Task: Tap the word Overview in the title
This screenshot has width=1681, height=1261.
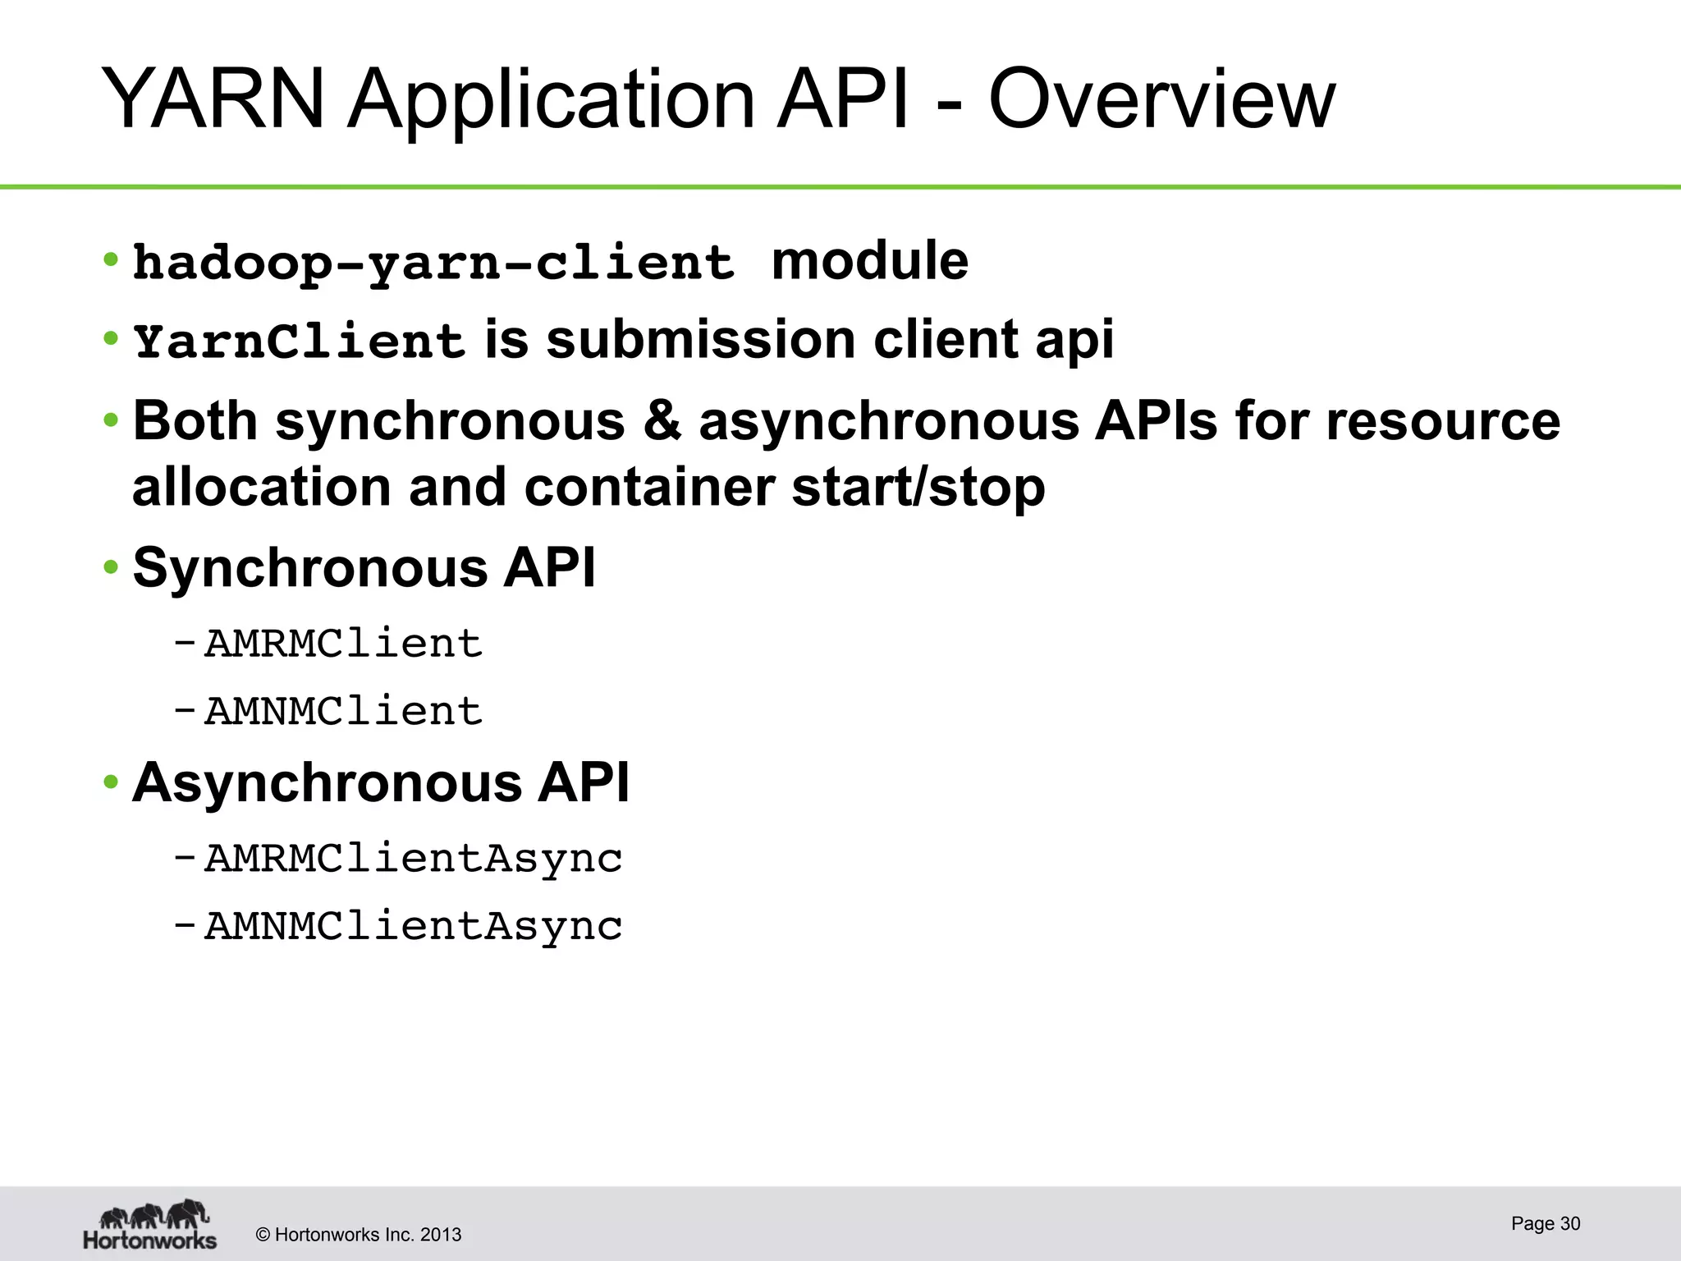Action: tap(1161, 99)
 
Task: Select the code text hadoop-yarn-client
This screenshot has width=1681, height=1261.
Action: tap(433, 263)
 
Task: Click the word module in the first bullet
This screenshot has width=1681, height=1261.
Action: tap(870, 261)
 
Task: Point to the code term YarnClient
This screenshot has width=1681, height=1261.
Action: tap(300, 341)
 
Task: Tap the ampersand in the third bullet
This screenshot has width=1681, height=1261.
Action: tap(662, 420)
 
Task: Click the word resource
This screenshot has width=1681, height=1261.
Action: tap(1442, 420)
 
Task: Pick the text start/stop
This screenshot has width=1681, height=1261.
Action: tap(918, 487)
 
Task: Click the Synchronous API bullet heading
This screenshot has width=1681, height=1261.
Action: tap(364, 567)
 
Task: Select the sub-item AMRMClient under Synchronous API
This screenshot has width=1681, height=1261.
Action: tap(343, 644)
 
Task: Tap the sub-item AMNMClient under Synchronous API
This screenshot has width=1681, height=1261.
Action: tap(343, 711)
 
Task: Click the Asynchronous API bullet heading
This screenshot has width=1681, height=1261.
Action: tap(381, 782)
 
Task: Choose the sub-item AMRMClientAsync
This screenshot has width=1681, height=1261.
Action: tap(413, 860)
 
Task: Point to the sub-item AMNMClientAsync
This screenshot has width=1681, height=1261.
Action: tap(413, 927)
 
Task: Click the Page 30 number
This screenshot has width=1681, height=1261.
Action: tap(1546, 1223)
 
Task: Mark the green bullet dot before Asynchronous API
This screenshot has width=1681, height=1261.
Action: tap(111, 782)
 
